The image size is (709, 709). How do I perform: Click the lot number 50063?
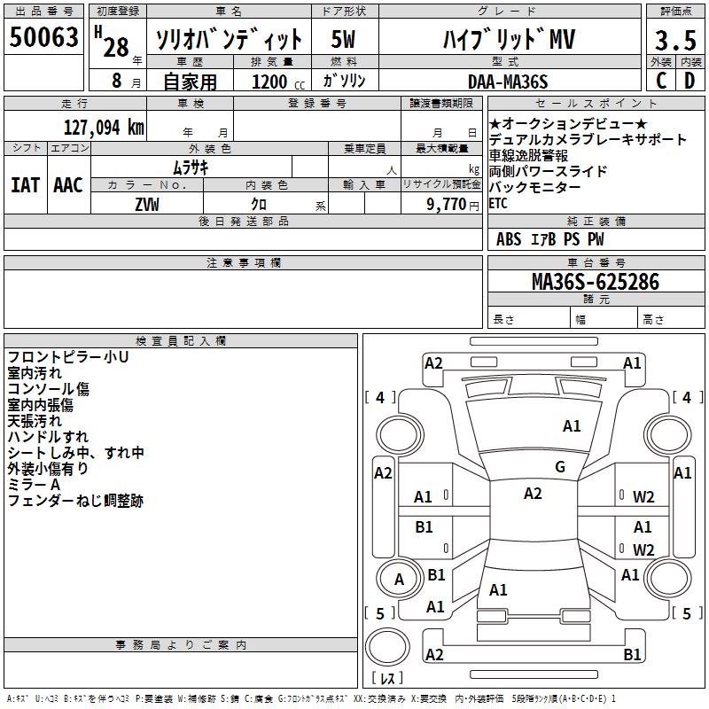(x=44, y=37)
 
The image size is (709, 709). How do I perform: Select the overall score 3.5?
(x=674, y=40)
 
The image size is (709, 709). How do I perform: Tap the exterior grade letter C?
(x=661, y=80)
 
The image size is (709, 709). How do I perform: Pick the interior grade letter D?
(x=690, y=80)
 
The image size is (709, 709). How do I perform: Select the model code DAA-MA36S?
(x=508, y=82)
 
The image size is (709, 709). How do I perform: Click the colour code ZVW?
(x=147, y=203)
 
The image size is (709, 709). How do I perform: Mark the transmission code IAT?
(x=25, y=184)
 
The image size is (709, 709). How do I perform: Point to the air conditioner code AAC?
(x=68, y=184)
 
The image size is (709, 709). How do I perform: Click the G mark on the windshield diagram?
(x=560, y=467)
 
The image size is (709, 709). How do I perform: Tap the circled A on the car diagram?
(x=399, y=580)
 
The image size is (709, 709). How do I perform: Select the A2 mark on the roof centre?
(x=533, y=494)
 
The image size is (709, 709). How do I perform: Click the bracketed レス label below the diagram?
(x=388, y=679)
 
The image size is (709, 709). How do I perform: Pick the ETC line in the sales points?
(x=498, y=203)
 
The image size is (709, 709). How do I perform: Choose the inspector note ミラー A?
(x=34, y=485)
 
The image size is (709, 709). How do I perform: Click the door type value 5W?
(x=344, y=40)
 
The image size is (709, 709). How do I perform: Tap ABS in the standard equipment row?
(x=509, y=239)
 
